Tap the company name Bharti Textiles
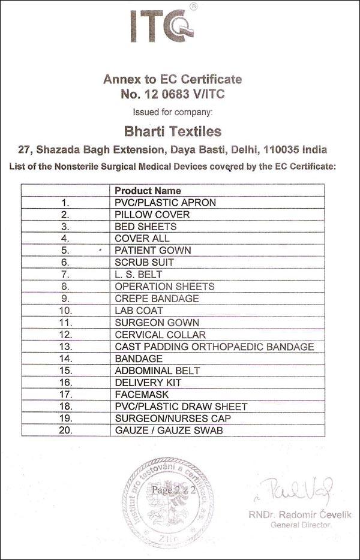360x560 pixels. (x=172, y=131)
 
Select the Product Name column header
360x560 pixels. (x=148, y=191)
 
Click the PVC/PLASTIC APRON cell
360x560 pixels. (x=165, y=203)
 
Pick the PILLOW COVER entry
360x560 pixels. (x=152, y=215)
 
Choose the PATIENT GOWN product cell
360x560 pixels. (x=153, y=251)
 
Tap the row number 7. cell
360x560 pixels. (x=66, y=275)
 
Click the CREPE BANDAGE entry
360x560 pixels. (x=157, y=299)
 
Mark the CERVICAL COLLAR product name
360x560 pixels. (x=160, y=335)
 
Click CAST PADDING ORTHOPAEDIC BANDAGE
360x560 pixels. (x=214, y=347)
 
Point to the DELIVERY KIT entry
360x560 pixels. (x=148, y=383)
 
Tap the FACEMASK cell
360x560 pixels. (x=142, y=395)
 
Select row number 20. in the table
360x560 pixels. (x=66, y=430)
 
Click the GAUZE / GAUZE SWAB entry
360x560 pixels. (x=170, y=430)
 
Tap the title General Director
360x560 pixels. (x=301, y=525)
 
